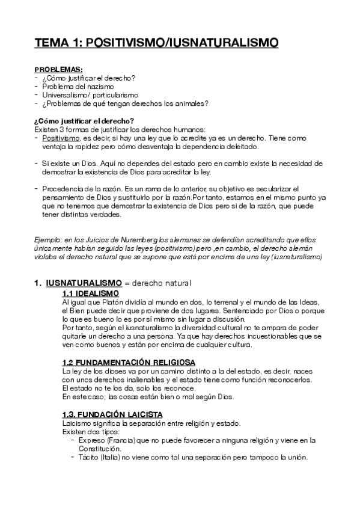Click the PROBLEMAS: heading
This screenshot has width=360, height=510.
click(x=58, y=70)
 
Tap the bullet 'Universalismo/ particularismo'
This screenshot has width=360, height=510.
click(x=90, y=95)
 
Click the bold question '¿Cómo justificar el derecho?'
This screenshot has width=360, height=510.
click(x=84, y=121)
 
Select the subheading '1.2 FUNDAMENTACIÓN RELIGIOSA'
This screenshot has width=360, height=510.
click(x=128, y=363)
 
